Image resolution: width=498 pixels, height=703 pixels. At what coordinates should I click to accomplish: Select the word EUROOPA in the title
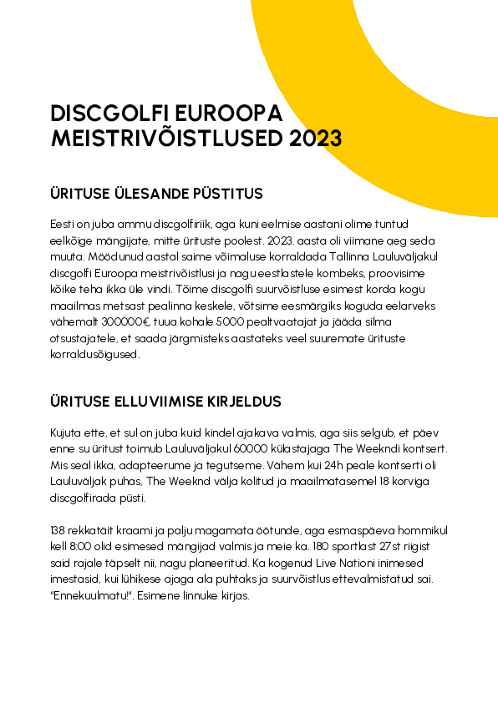click(x=236, y=114)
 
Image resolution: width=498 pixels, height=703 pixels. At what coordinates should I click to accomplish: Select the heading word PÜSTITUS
click(x=228, y=194)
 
